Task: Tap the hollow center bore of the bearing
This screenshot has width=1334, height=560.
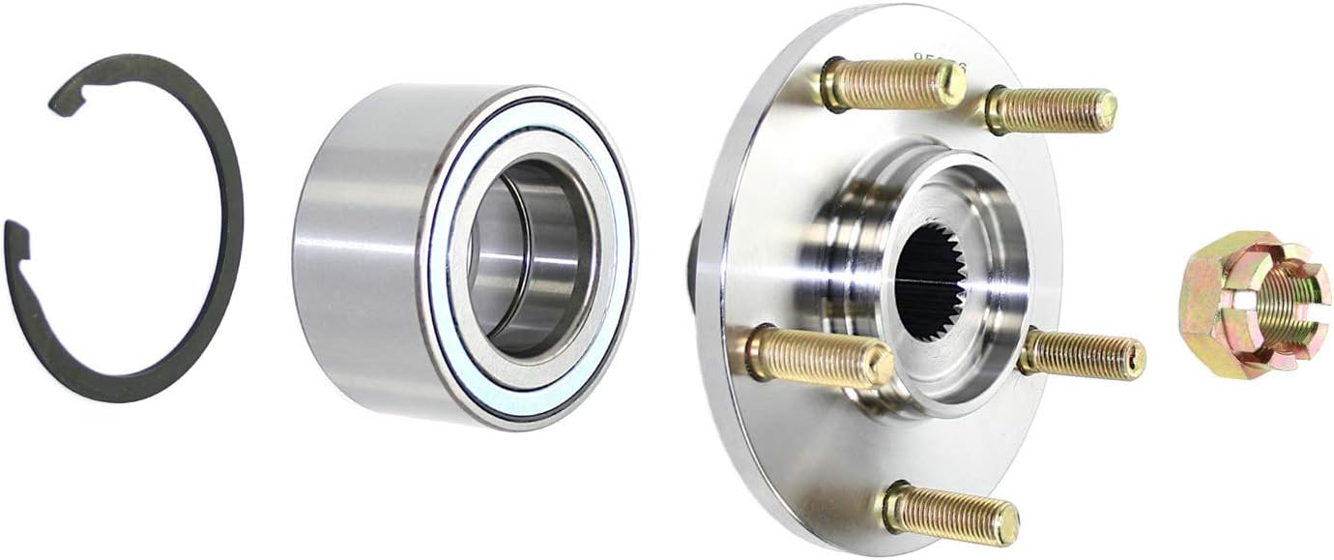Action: (x=527, y=256)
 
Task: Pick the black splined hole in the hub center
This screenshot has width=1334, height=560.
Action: (x=931, y=281)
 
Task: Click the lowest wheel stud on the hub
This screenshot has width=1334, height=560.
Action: (x=951, y=513)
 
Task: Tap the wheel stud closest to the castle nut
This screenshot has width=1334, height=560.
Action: (x=1083, y=354)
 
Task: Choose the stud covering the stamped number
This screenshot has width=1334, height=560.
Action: (x=894, y=85)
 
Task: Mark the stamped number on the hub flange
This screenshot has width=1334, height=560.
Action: (x=938, y=60)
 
